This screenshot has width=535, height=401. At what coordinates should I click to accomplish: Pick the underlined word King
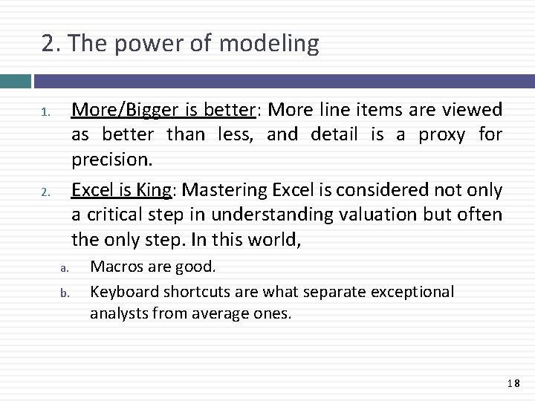(x=154, y=190)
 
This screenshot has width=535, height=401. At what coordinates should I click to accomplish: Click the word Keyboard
(x=122, y=292)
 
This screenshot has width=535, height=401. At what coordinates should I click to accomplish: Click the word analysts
(x=117, y=313)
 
